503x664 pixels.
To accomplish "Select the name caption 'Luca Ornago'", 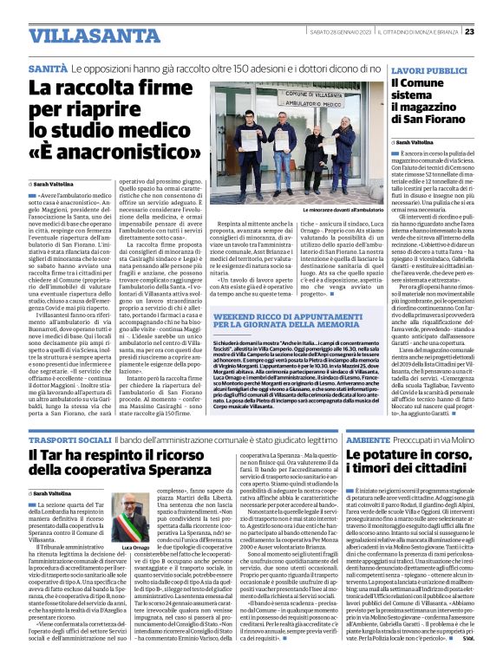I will (x=118, y=548).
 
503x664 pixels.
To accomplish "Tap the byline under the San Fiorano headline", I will (x=415, y=141).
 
